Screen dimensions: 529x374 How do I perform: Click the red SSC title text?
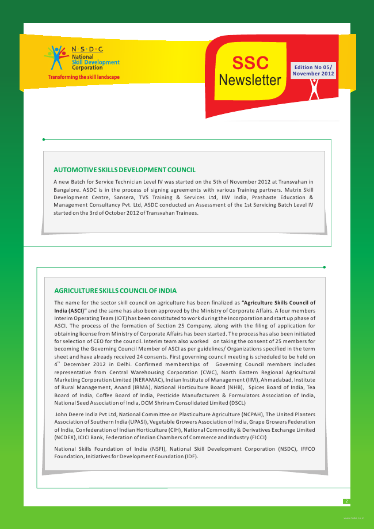coord(250,63)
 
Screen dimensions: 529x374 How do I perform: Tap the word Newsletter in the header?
coord(250,80)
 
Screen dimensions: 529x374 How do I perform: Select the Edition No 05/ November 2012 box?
coord(313,71)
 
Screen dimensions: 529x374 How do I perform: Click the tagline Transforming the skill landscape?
coord(84,77)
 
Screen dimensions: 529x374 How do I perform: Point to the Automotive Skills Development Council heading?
coord(124,170)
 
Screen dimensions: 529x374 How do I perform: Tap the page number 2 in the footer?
coord(346,501)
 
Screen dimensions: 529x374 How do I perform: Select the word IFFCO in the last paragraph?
coord(307,448)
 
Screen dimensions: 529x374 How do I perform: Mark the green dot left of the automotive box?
coord(44,139)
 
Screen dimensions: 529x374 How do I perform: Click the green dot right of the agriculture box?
coord(325,267)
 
